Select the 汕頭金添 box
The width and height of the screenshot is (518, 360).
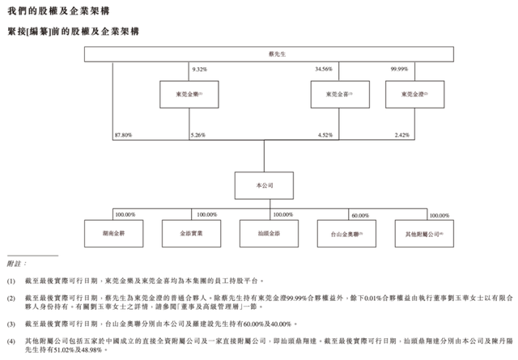pos(265,233)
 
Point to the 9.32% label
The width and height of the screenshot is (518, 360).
pos(199,70)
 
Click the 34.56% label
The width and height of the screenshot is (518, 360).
pos(324,70)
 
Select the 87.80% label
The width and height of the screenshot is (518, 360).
pos(125,135)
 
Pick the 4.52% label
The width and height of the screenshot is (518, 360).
pos(325,135)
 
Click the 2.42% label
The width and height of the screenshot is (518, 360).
pos(403,135)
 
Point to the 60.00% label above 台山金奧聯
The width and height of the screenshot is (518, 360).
pos(360,215)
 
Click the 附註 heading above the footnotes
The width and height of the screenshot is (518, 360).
pos(16,264)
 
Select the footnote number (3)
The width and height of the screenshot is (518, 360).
pos(11,323)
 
